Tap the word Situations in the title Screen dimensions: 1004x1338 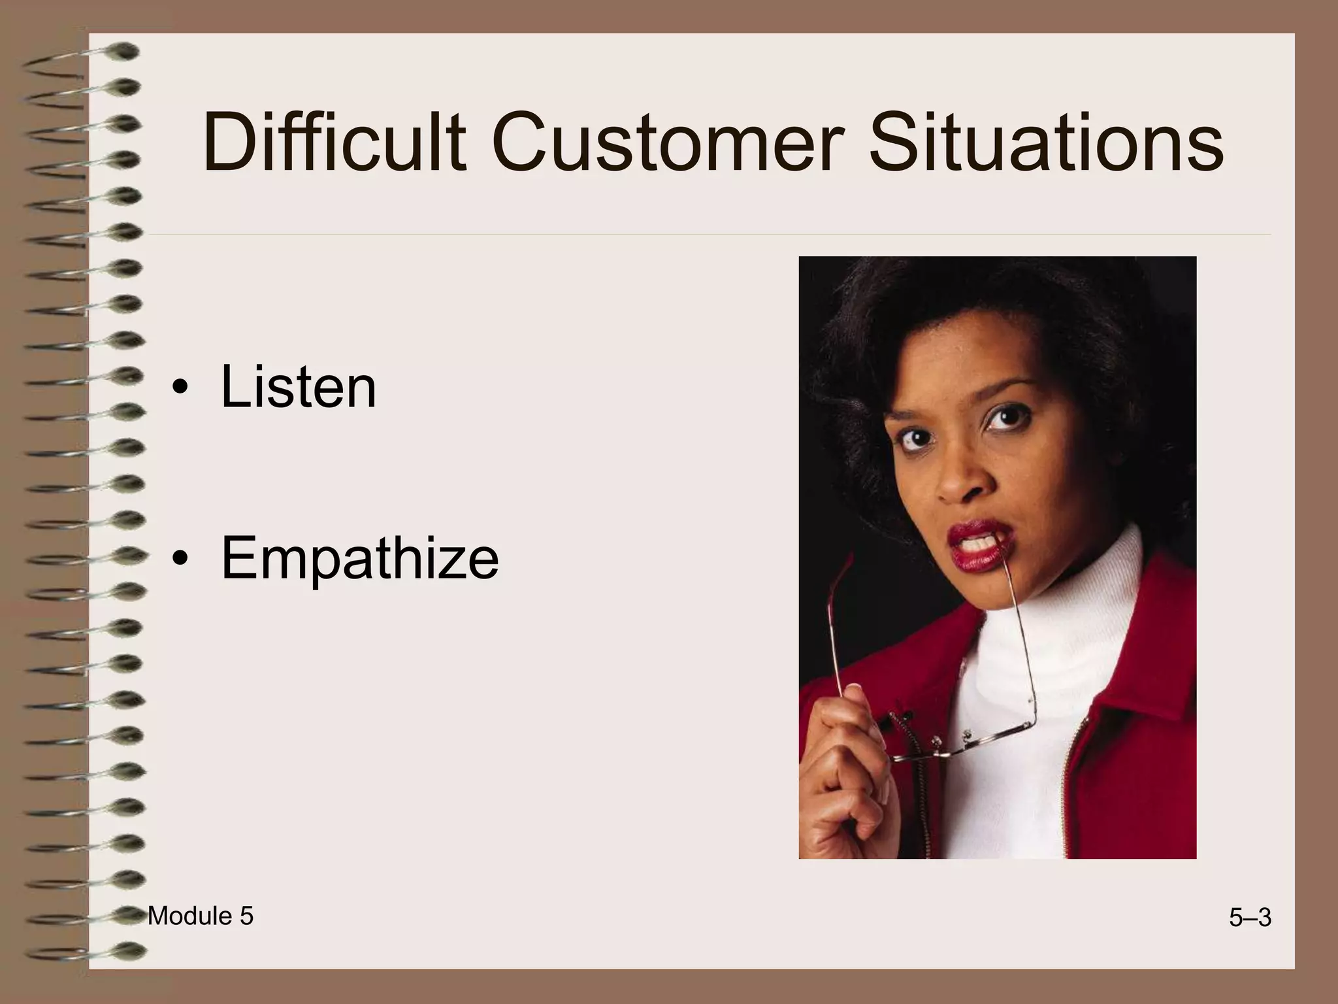coord(1045,142)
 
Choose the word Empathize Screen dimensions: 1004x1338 coord(359,558)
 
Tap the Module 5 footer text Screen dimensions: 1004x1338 coord(200,916)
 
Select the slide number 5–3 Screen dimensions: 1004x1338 coord(1249,918)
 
